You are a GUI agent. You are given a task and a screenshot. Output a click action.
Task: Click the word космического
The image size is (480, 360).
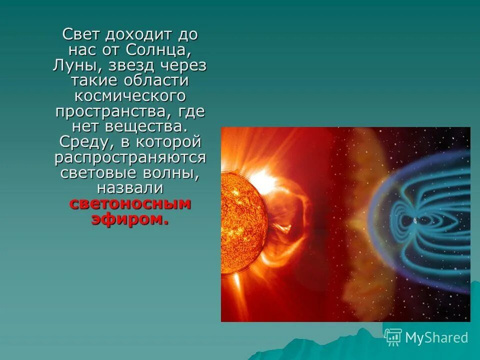[x=130, y=96]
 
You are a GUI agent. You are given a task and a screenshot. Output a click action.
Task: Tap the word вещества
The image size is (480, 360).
[x=153, y=126]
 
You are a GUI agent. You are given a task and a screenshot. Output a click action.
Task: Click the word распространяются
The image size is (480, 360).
[x=130, y=157]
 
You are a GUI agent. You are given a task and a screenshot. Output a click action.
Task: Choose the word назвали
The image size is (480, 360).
[x=130, y=188]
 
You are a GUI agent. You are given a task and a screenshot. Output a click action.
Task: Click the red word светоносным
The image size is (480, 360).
[x=130, y=203]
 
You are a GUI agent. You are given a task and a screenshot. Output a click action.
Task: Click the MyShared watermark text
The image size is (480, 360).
[x=436, y=337]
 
